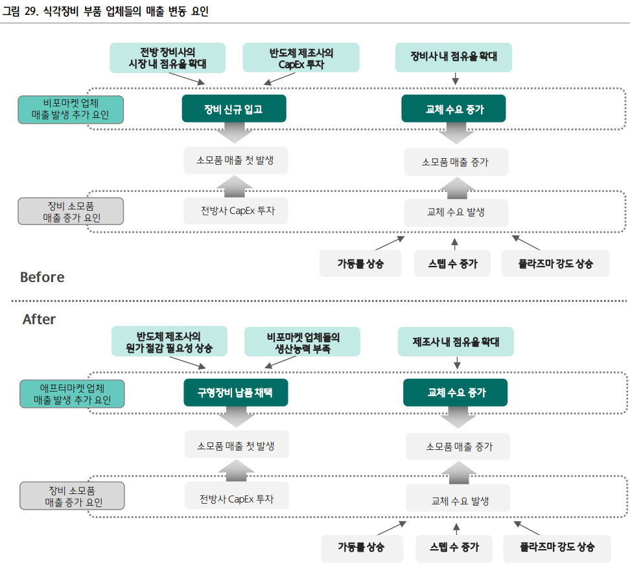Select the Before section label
[x=42, y=277]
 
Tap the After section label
[x=39, y=319]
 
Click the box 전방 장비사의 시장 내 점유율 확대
[x=167, y=58]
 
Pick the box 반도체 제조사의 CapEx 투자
[x=301, y=58]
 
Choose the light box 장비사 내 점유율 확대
[x=454, y=57]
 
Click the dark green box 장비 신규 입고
[x=233, y=109]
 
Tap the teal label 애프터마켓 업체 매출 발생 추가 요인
[x=72, y=394]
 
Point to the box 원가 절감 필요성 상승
[x=169, y=342]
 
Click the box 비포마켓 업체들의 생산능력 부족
[x=303, y=342]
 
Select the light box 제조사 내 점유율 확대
[x=456, y=341]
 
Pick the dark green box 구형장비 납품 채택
[x=235, y=393]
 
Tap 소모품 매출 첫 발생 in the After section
[x=236, y=445]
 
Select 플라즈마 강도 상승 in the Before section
[x=555, y=263]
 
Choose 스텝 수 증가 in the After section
[x=454, y=547]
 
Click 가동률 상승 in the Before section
[x=360, y=263]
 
